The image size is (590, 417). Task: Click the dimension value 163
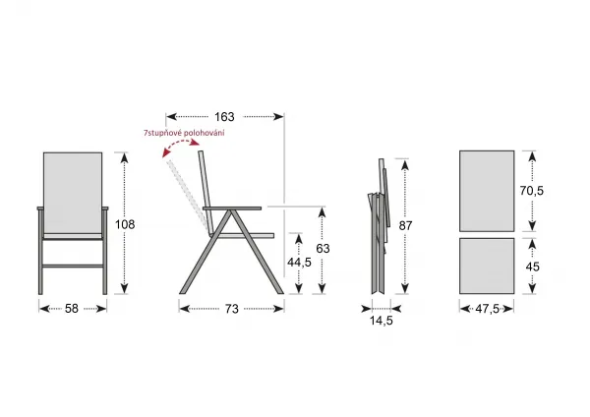[224, 117]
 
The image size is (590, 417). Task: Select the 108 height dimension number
[125, 224]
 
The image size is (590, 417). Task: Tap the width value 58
[72, 309]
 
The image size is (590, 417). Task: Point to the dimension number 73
[232, 309]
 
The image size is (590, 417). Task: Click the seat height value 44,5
[299, 263]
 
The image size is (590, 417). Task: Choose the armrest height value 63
[323, 249]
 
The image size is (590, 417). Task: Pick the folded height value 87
[405, 226]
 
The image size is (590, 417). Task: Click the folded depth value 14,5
[382, 321]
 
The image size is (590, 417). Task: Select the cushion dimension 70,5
[532, 191]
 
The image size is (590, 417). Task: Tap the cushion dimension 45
[532, 267]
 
